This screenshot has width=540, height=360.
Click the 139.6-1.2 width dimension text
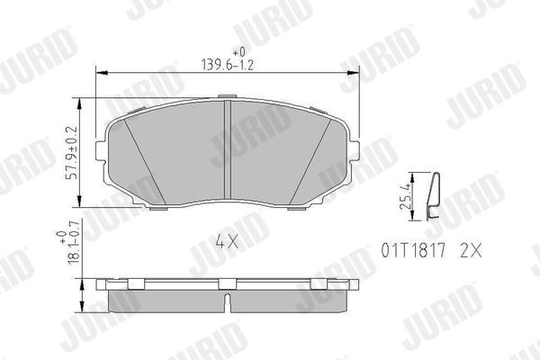(226, 64)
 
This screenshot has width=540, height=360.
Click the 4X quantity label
(225, 241)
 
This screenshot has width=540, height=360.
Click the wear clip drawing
(434, 195)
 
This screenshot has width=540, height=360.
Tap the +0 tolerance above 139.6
(238, 52)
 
